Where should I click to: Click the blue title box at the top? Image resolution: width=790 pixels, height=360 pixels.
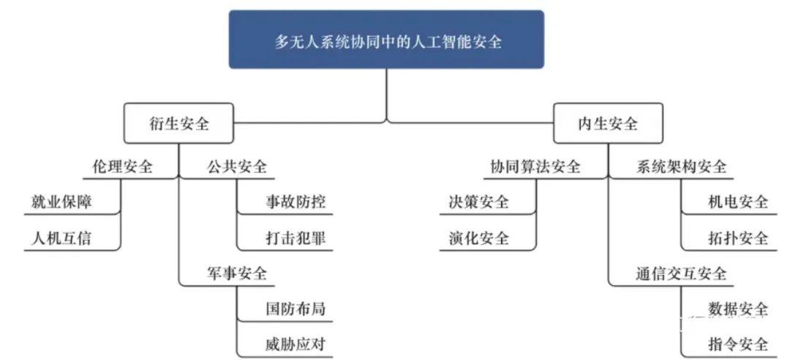[386, 40]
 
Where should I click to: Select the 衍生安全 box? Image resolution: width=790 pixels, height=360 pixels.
[179, 123]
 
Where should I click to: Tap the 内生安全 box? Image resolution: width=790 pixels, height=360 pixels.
[608, 123]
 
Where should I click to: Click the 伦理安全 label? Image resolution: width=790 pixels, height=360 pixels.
[122, 167]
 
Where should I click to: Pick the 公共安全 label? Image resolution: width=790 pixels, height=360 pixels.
[237, 167]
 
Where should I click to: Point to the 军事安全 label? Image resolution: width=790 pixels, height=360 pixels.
[237, 274]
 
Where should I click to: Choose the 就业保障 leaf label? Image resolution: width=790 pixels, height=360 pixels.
[61, 202]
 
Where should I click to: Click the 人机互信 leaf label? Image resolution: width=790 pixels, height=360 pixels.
[61, 238]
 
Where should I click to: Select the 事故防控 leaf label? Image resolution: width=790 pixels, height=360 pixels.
[296, 202]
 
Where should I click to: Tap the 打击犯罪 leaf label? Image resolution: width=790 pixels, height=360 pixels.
[296, 238]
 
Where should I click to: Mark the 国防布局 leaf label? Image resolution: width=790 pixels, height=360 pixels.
[296, 309]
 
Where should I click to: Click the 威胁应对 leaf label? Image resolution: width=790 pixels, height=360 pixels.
[296, 345]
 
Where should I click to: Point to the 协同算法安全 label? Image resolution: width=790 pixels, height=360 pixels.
[535, 167]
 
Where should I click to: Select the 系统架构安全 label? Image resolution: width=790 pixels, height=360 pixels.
[681, 167]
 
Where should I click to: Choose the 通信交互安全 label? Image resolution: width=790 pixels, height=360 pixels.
[681, 274]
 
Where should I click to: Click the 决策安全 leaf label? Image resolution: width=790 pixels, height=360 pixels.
[478, 202]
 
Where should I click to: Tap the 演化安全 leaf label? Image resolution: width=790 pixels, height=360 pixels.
[478, 238]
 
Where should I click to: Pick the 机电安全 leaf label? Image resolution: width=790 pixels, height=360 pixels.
[738, 202]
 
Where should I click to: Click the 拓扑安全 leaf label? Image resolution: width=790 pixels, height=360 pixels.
[738, 238]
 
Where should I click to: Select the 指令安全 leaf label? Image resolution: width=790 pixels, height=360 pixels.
[738, 345]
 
